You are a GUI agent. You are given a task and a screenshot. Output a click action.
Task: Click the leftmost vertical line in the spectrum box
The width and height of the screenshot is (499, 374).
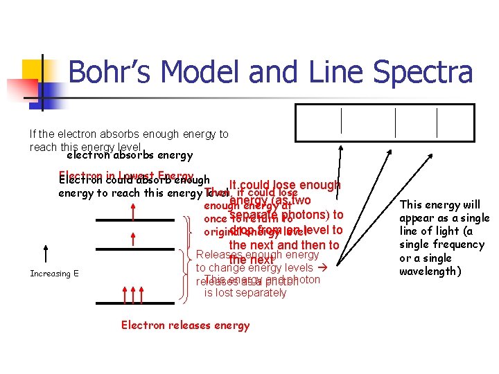(x=342, y=121)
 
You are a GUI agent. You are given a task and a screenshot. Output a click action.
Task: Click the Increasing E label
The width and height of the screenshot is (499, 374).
(x=54, y=274)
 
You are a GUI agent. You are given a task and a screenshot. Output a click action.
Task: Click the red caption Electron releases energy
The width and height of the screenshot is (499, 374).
(x=185, y=326)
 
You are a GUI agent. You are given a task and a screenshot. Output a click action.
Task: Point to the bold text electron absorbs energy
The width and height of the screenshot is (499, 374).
(x=130, y=156)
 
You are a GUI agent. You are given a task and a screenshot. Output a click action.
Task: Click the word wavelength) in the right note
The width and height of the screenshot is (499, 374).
(x=430, y=271)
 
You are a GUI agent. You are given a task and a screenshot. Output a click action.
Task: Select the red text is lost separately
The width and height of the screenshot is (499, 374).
(x=245, y=293)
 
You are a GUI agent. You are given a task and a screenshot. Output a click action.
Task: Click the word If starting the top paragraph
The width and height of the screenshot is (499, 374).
(x=33, y=134)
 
